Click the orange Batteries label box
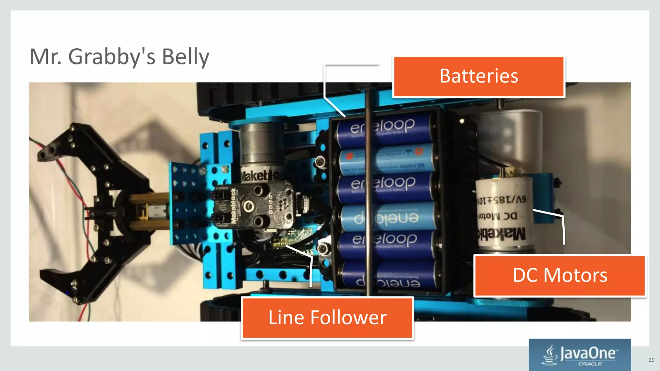click(479, 77)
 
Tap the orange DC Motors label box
click(560, 276)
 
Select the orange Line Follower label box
click(327, 318)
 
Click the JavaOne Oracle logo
click(580, 355)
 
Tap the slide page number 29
click(651, 360)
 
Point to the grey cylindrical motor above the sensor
click(259, 145)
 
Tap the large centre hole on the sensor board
click(248, 205)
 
